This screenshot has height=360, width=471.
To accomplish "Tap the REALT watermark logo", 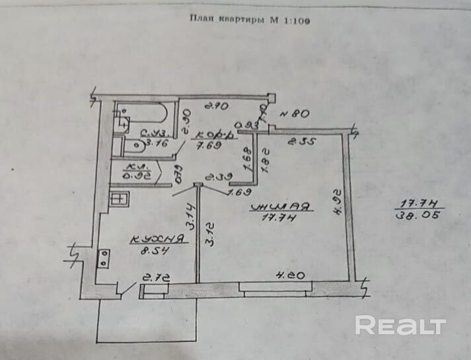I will tap(400, 325).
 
